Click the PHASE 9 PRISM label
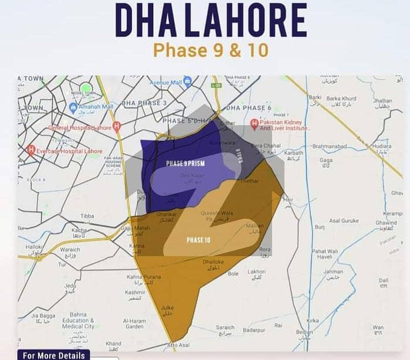(185, 163)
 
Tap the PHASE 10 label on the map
(198, 240)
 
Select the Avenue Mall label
(166, 82)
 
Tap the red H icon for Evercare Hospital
(31, 150)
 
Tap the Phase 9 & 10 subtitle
(211, 50)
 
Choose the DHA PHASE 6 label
(249, 108)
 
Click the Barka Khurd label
(341, 99)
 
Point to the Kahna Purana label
(140, 276)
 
